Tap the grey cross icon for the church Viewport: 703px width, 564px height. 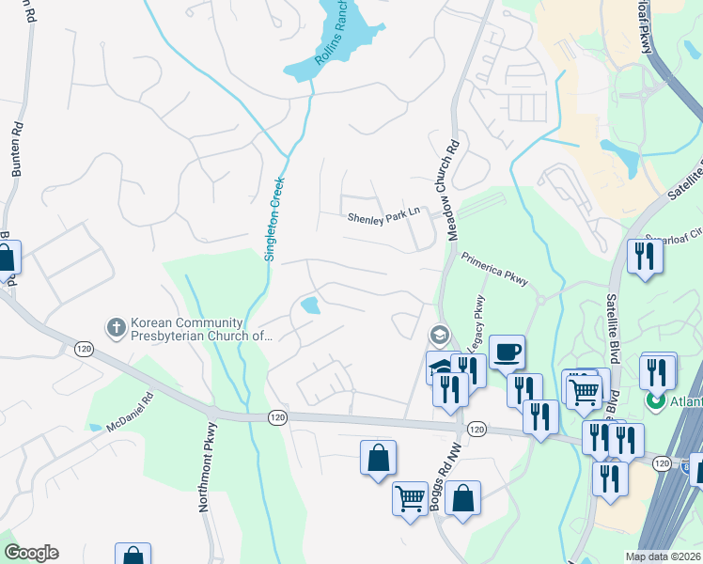coord(116,327)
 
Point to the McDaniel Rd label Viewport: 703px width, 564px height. coord(130,413)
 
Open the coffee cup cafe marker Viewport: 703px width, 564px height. coord(508,352)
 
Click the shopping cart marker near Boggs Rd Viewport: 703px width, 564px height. coord(410,498)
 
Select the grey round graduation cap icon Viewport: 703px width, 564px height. coord(439,335)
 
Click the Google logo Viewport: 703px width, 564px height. coord(31,553)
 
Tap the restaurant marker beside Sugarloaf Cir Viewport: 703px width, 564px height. coord(644,256)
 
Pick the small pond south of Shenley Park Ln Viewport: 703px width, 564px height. coord(309,305)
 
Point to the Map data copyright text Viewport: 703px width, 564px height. coord(663,556)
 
